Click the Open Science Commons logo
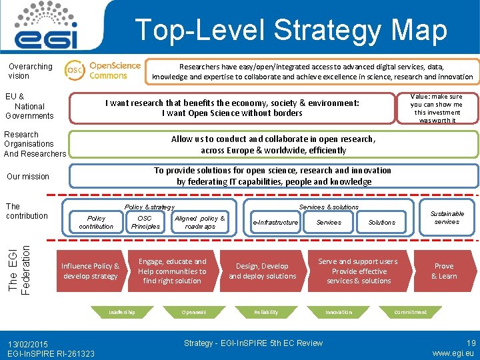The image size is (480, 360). (x=103, y=70)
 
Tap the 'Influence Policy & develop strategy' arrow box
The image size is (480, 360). (x=90, y=271)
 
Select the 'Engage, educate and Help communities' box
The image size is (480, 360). (x=172, y=271)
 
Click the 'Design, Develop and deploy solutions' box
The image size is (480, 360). (x=262, y=271)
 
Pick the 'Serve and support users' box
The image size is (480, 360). (x=357, y=271)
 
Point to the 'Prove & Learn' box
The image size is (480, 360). (x=444, y=271)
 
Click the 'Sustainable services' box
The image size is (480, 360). (x=447, y=217)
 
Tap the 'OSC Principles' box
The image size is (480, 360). (x=145, y=222)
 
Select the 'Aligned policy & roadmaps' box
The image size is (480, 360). (x=199, y=222)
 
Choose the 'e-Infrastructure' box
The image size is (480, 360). (x=275, y=223)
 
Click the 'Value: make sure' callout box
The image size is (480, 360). (x=436, y=108)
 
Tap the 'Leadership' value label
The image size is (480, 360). (x=122, y=312)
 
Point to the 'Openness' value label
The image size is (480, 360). (x=194, y=312)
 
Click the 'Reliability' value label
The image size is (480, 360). (x=266, y=312)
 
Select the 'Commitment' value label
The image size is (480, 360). (x=410, y=312)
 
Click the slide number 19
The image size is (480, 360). (x=471, y=343)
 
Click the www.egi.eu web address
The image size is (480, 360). (x=453, y=353)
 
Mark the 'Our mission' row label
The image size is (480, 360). (x=28, y=177)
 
